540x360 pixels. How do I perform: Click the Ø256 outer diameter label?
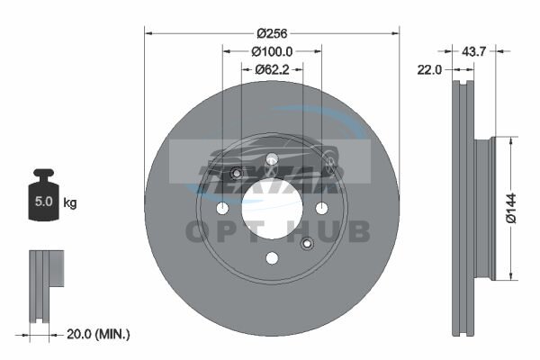point(272,33)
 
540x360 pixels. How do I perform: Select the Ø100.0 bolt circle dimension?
point(272,51)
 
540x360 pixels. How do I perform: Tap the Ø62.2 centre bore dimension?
point(272,70)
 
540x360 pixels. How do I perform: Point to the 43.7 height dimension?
point(473,51)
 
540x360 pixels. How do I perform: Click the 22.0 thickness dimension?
point(429,70)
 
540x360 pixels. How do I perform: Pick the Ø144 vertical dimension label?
point(511,208)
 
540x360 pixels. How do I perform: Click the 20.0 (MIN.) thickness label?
point(98,334)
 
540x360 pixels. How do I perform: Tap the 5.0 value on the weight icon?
point(44,202)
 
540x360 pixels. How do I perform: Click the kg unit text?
point(70,202)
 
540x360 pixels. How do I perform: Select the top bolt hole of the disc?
point(272,158)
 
